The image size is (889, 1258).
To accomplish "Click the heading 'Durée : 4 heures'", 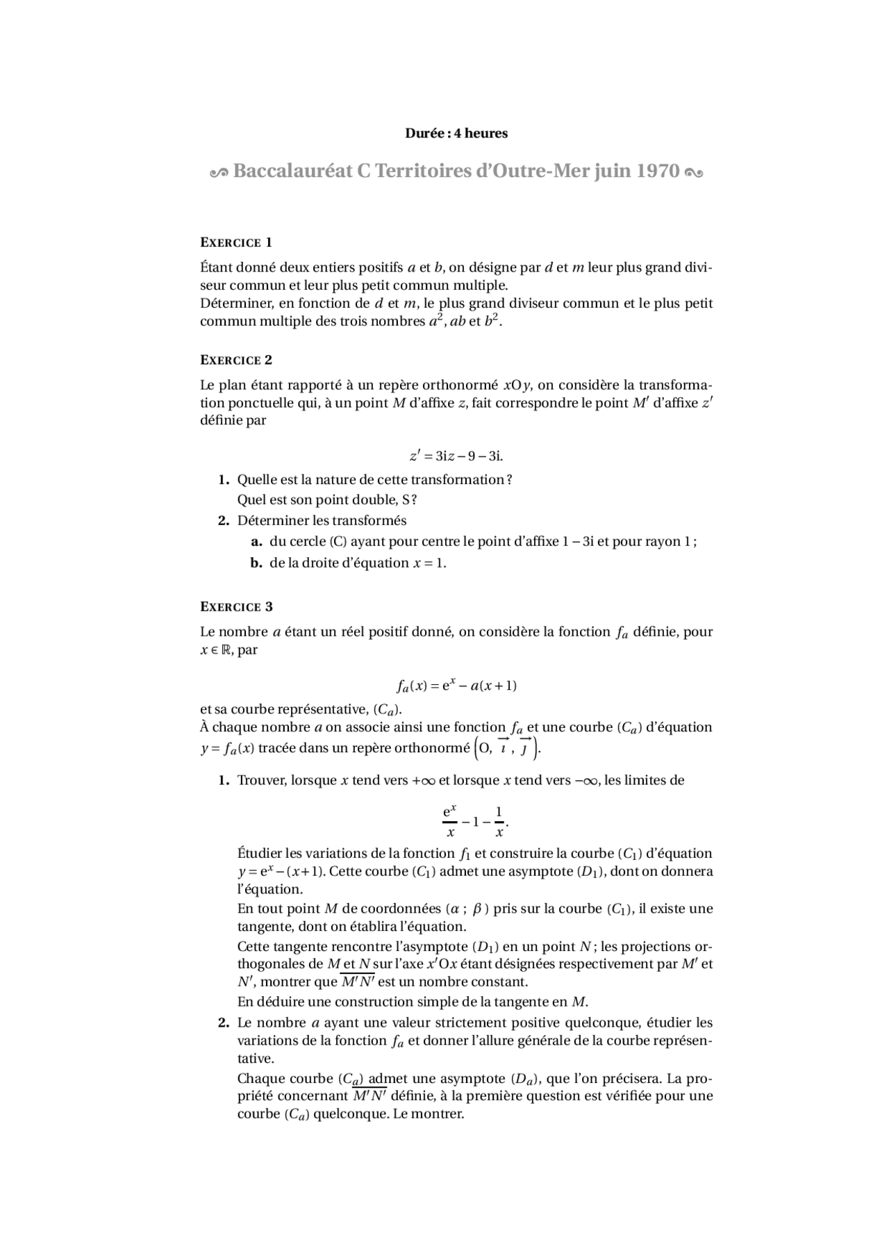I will click(x=456, y=133).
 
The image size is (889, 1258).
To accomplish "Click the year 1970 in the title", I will click(x=657, y=171).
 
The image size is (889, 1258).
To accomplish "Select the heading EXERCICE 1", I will click(x=236, y=242).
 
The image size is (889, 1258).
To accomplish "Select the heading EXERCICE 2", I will click(x=236, y=360).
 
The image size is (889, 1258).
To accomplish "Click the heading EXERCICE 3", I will click(x=236, y=606).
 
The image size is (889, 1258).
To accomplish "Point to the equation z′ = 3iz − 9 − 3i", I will click(x=456, y=456).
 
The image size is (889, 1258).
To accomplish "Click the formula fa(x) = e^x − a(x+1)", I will click(x=456, y=686).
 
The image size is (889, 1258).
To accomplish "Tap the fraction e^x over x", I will click(x=450, y=821).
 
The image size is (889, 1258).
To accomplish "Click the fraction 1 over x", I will click(x=499, y=821).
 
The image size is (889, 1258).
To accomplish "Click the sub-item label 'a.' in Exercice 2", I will click(x=256, y=542).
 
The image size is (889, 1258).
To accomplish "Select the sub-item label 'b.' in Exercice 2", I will click(x=256, y=563).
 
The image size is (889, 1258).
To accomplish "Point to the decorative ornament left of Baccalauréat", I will click(x=219, y=172).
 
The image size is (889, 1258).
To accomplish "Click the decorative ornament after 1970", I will click(x=693, y=172).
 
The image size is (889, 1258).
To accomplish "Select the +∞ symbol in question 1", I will click(x=423, y=781).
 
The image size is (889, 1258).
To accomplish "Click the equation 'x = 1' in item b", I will click(x=429, y=563).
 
